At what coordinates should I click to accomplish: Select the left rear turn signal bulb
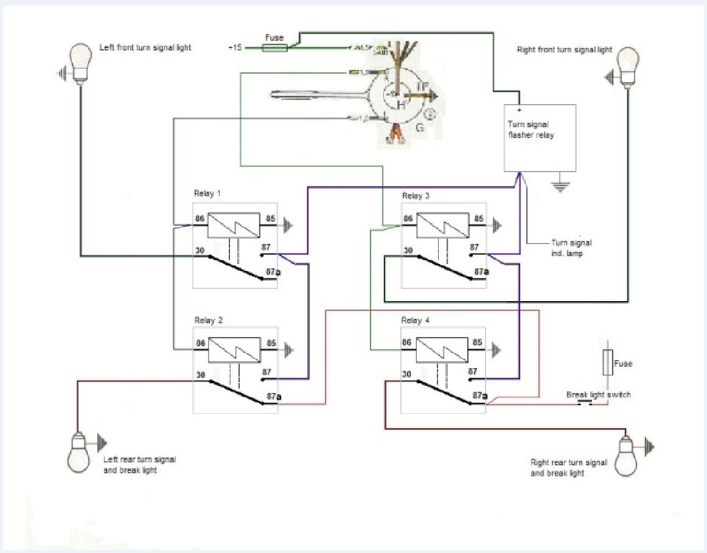tap(78, 454)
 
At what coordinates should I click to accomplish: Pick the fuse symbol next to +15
tap(274, 47)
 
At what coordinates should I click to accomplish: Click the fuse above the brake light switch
tap(607, 363)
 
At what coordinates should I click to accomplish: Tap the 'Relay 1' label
tap(207, 193)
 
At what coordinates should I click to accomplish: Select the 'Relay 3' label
tap(416, 195)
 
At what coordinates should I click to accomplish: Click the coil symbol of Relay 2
tap(234, 350)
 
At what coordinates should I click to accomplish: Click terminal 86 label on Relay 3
tap(408, 218)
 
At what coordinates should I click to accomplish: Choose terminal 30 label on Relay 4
tap(408, 375)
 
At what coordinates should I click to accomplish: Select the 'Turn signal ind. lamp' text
tap(571, 248)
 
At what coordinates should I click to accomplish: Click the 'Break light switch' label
tap(598, 395)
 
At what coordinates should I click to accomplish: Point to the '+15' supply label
tap(235, 47)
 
